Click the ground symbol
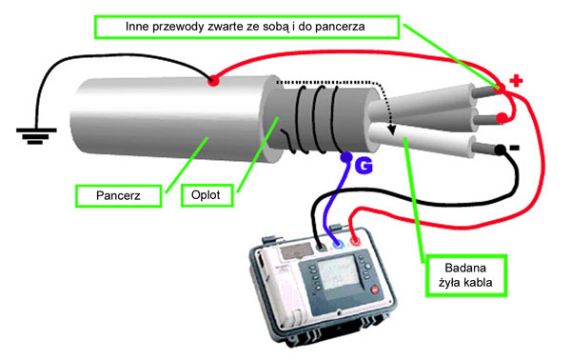tap(36, 135)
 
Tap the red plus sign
tap(516, 81)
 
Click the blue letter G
tap(364, 166)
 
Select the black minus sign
tap(514, 148)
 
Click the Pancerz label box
tap(118, 196)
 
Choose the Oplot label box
tap(207, 195)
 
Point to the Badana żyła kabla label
tap(465, 275)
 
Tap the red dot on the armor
tap(213, 81)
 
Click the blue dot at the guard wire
tap(346, 157)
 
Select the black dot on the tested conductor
tap(500, 150)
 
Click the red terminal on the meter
tap(354, 241)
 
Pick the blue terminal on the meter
tap(338, 244)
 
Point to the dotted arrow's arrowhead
tap(392, 130)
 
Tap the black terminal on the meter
tap(322, 248)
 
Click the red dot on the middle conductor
tap(502, 118)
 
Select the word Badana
tap(465, 268)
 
